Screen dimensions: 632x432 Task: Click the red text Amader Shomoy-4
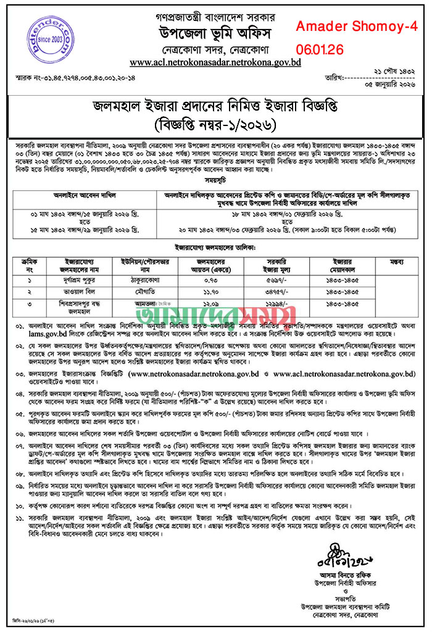357,27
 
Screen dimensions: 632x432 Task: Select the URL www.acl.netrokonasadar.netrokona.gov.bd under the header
215,63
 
